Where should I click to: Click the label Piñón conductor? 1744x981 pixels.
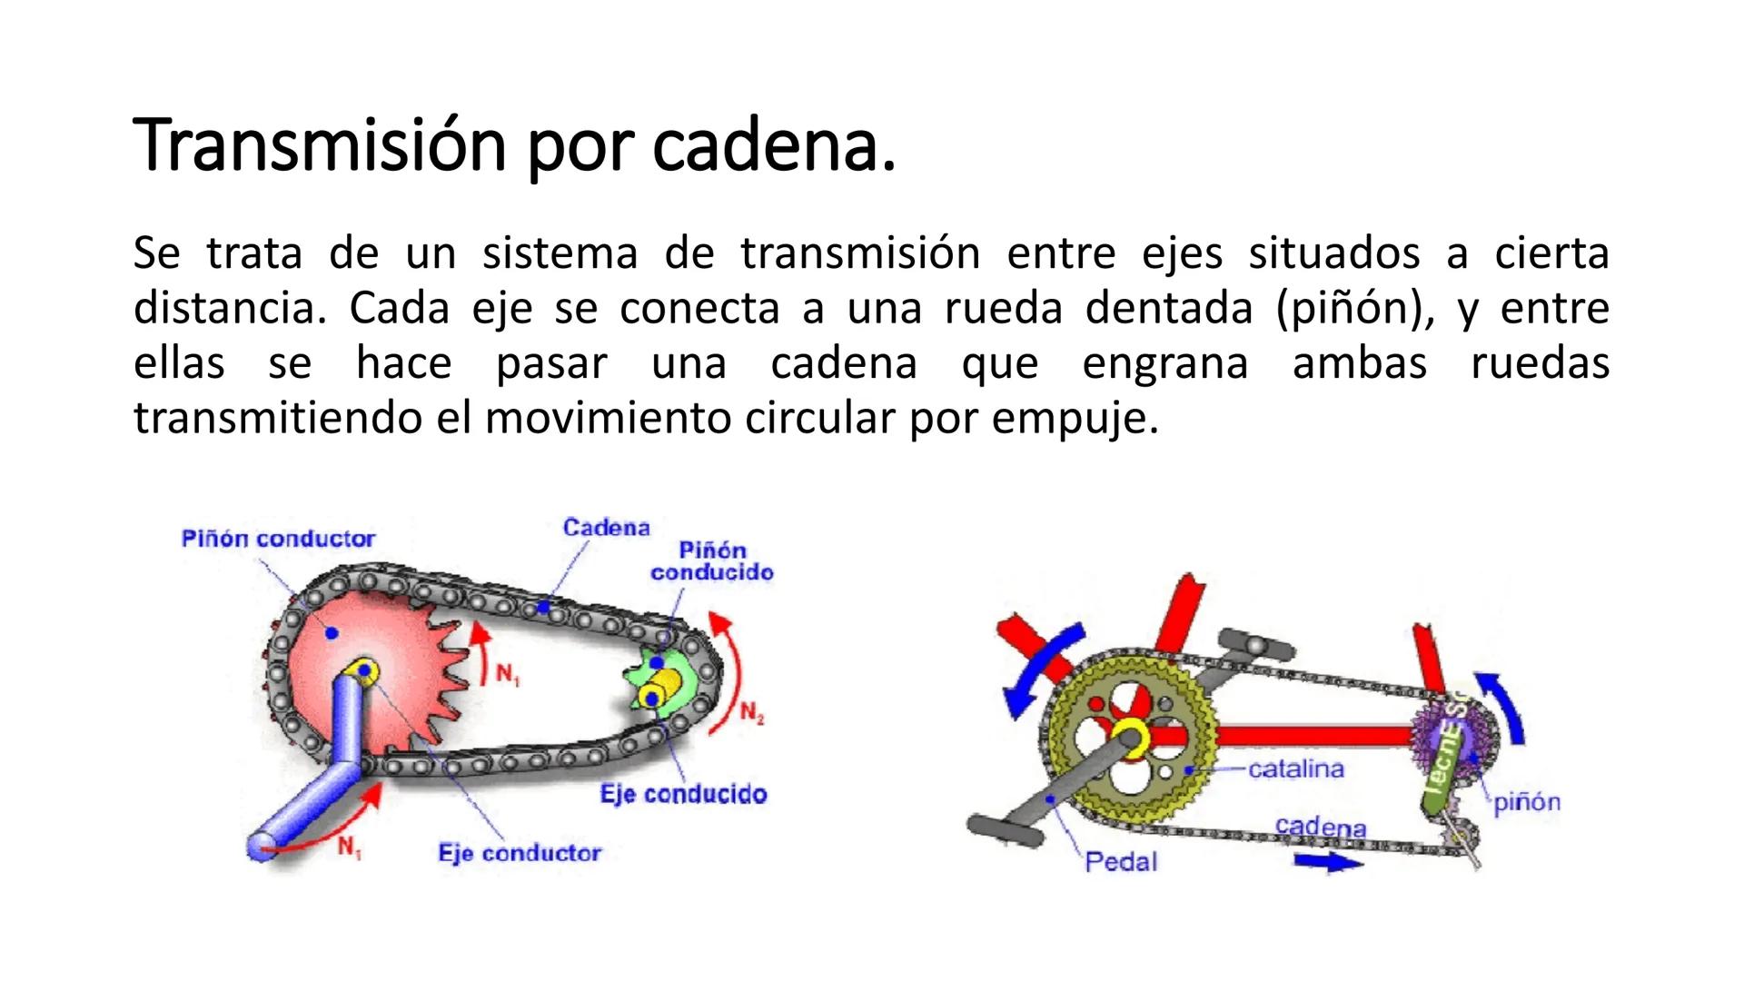coord(278,539)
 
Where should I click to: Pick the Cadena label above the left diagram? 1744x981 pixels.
coord(606,528)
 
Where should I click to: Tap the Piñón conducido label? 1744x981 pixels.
coord(712,561)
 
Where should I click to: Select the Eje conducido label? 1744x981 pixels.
coord(683,794)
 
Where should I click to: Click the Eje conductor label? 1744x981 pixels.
coord(520,853)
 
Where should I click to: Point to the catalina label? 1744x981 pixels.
coord(1295,769)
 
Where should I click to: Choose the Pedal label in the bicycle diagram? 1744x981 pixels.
coord(1121,861)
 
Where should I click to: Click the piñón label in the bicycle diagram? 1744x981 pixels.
coord(1527,802)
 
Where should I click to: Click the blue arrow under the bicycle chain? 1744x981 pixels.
coord(1328,861)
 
